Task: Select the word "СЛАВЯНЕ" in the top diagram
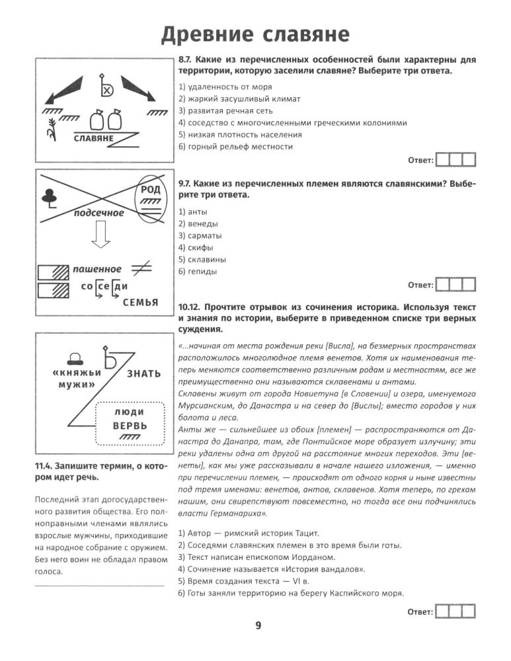coord(93,139)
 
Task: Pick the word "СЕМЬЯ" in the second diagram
coord(140,303)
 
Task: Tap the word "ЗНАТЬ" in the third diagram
coord(143,373)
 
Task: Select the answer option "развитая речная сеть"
coord(229,111)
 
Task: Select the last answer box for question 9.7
coord(468,285)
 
